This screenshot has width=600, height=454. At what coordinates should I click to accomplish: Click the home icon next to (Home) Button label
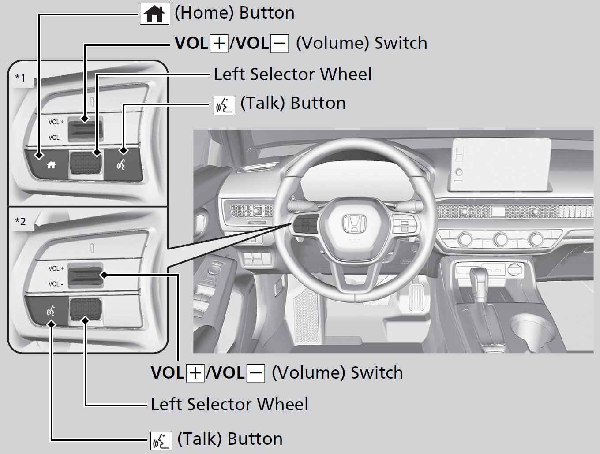click(x=155, y=14)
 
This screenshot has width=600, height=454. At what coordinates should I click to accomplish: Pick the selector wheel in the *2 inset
click(x=86, y=308)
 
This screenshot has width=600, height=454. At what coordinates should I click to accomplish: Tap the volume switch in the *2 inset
click(x=86, y=276)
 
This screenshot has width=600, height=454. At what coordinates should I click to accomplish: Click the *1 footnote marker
click(x=21, y=78)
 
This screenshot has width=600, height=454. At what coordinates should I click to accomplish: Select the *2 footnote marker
click(x=21, y=222)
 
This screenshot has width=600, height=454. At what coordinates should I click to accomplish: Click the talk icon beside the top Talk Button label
click(x=224, y=105)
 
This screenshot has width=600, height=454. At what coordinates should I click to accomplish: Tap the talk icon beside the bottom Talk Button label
click(x=161, y=441)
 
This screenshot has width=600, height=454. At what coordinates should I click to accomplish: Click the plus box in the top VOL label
click(x=219, y=44)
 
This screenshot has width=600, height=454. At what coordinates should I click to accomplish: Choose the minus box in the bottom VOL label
click(x=255, y=373)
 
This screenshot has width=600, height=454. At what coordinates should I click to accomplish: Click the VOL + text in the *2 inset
click(x=56, y=268)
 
